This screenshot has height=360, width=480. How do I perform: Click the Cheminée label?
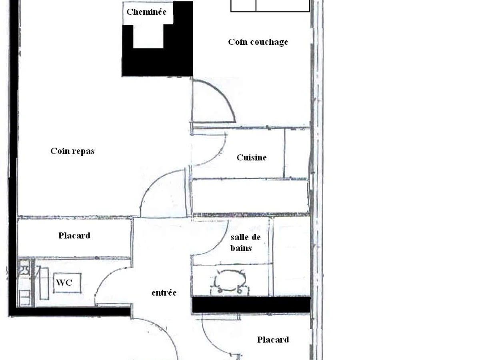tap(146, 12)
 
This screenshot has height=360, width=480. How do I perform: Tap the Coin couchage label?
tap(258, 42)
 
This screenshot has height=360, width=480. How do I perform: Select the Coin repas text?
tap(72, 151)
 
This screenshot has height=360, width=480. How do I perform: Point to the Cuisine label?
tap(252, 157)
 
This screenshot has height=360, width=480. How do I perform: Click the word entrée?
tap(164, 292)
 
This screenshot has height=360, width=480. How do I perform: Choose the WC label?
tap(64, 283)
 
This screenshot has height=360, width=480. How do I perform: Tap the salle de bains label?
tap(245, 243)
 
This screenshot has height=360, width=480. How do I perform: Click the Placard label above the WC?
tap(74, 236)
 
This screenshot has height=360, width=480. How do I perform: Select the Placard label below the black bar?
tap(273, 340)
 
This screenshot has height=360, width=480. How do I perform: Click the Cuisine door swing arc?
tap(219, 156)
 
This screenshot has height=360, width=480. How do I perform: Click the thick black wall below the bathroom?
tap(252, 305)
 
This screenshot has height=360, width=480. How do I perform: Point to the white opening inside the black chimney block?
tap(148, 36)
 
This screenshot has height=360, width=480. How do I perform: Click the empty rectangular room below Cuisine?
tap(250, 196)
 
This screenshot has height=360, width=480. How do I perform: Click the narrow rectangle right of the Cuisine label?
tap(297, 153)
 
